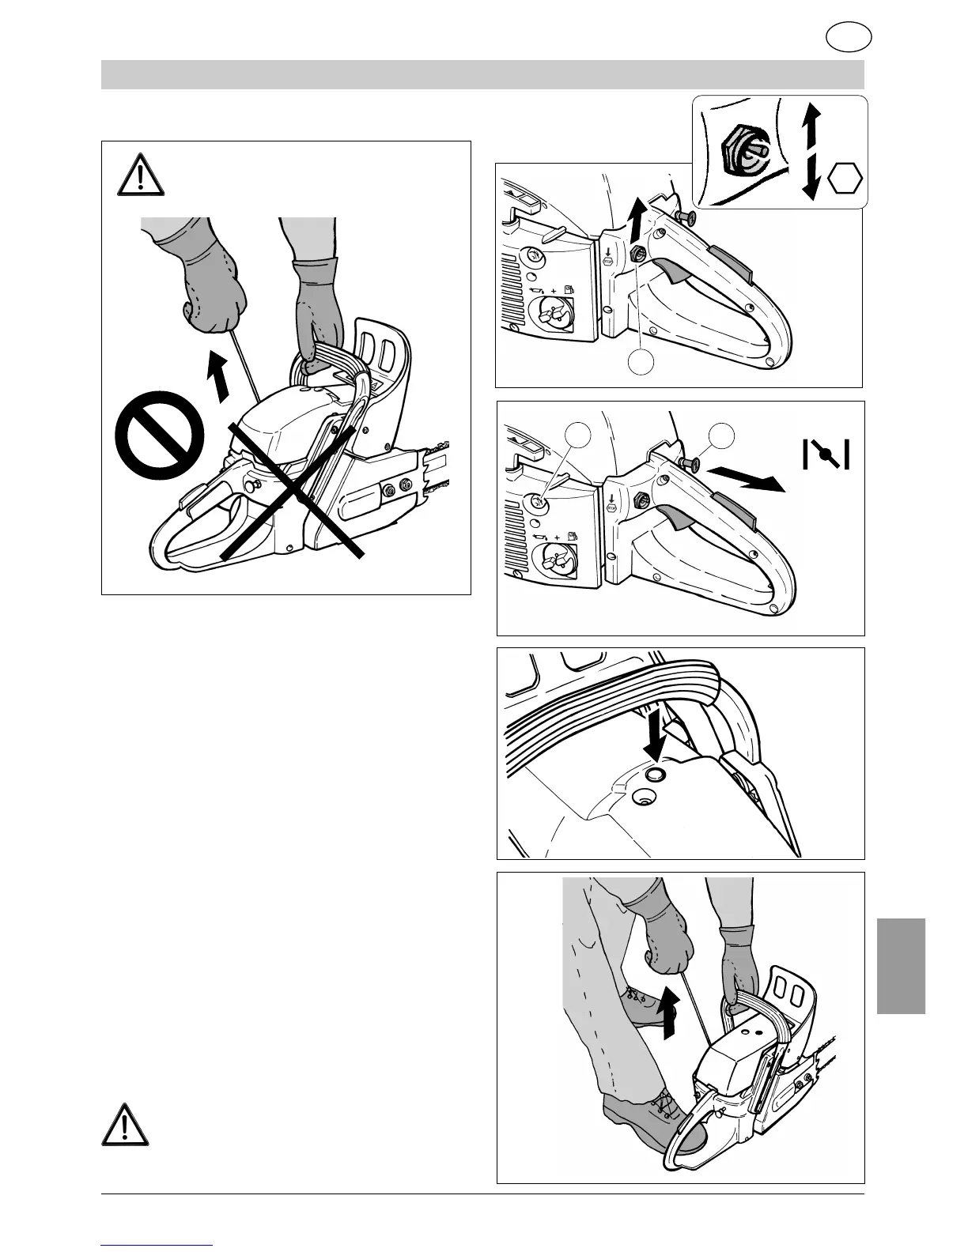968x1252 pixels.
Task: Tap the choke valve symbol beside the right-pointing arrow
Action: pyautogui.click(x=826, y=454)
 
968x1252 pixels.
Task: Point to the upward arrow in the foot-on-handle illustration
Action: pyautogui.click(x=670, y=1011)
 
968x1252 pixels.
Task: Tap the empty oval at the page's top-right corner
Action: pyautogui.click(x=849, y=37)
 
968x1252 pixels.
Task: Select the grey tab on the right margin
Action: pyautogui.click(x=901, y=965)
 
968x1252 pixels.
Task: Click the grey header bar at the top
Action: pyautogui.click(x=482, y=75)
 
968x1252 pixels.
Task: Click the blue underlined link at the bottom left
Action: pyautogui.click(x=157, y=1245)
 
